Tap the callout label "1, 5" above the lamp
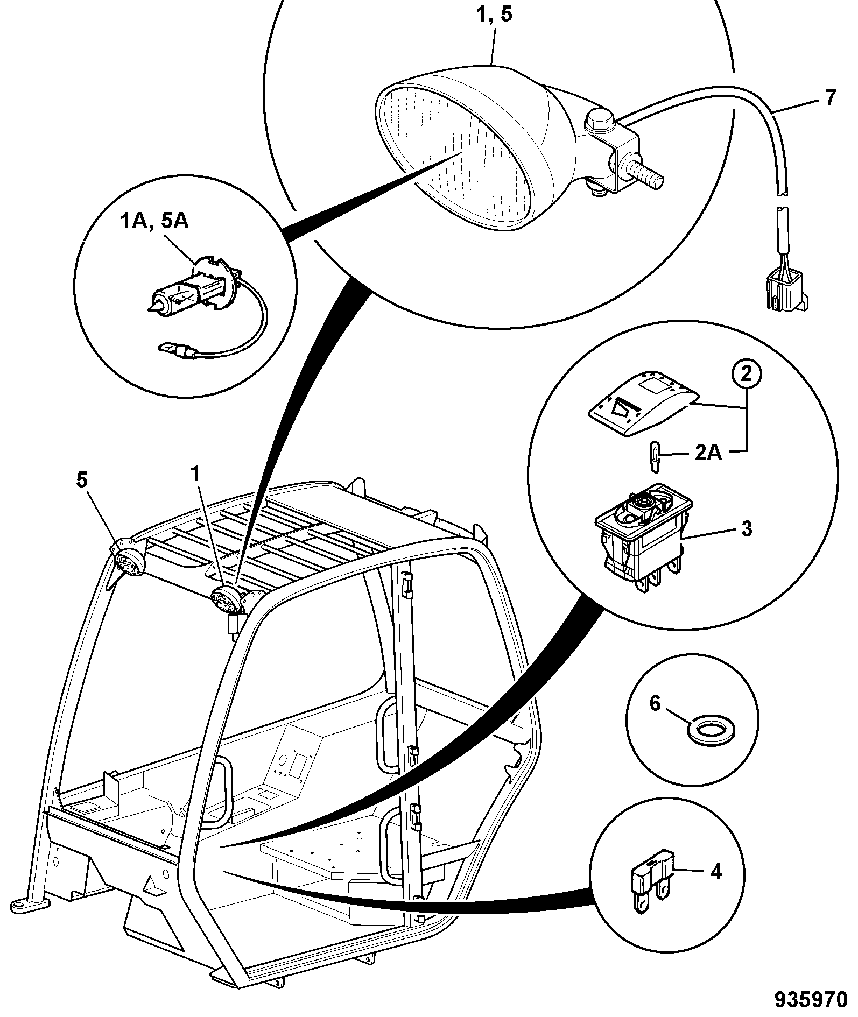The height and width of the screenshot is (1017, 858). (x=495, y=15)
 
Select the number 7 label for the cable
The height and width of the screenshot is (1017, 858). (x=831, y=98)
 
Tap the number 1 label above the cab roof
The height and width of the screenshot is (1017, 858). (x=196, y=475)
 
